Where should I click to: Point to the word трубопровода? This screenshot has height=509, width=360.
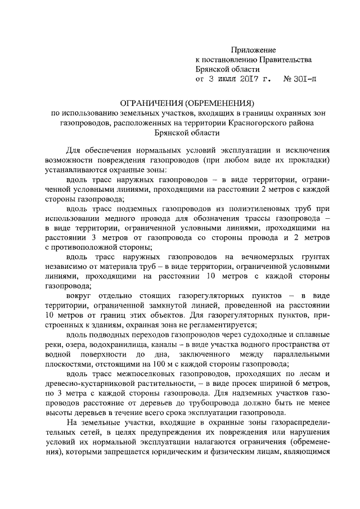242,402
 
